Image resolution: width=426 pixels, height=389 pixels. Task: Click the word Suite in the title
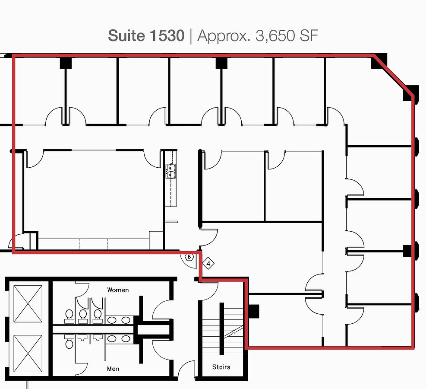point(126,35)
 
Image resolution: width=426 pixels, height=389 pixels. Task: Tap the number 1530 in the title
point(167,35)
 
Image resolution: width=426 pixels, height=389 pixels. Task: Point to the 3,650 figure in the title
point(275,36)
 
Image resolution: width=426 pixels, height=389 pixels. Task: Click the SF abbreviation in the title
point(309,35)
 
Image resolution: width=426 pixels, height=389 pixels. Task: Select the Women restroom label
point(118,290)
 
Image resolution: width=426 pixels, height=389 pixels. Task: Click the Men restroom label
point(113,369)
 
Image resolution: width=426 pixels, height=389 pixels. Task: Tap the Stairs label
point(221,367)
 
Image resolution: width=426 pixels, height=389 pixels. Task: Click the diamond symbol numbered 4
point(208,263)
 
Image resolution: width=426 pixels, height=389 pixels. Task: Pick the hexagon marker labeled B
point(189,257)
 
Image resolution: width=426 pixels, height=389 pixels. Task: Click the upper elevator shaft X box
point(28,303)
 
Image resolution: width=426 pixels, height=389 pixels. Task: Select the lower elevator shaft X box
point(28,354)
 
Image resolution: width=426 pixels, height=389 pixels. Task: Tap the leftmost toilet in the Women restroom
point(69,316)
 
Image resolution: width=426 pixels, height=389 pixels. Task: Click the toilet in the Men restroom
point(69,341)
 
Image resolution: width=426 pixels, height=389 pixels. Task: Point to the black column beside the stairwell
point(254,311)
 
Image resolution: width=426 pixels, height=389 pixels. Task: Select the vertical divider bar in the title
point(191,36)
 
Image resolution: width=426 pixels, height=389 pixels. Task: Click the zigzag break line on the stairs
point(234,332)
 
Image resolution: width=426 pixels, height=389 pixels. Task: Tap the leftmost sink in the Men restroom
point(112,339)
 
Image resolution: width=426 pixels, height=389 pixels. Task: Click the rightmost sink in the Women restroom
point(126,320)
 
